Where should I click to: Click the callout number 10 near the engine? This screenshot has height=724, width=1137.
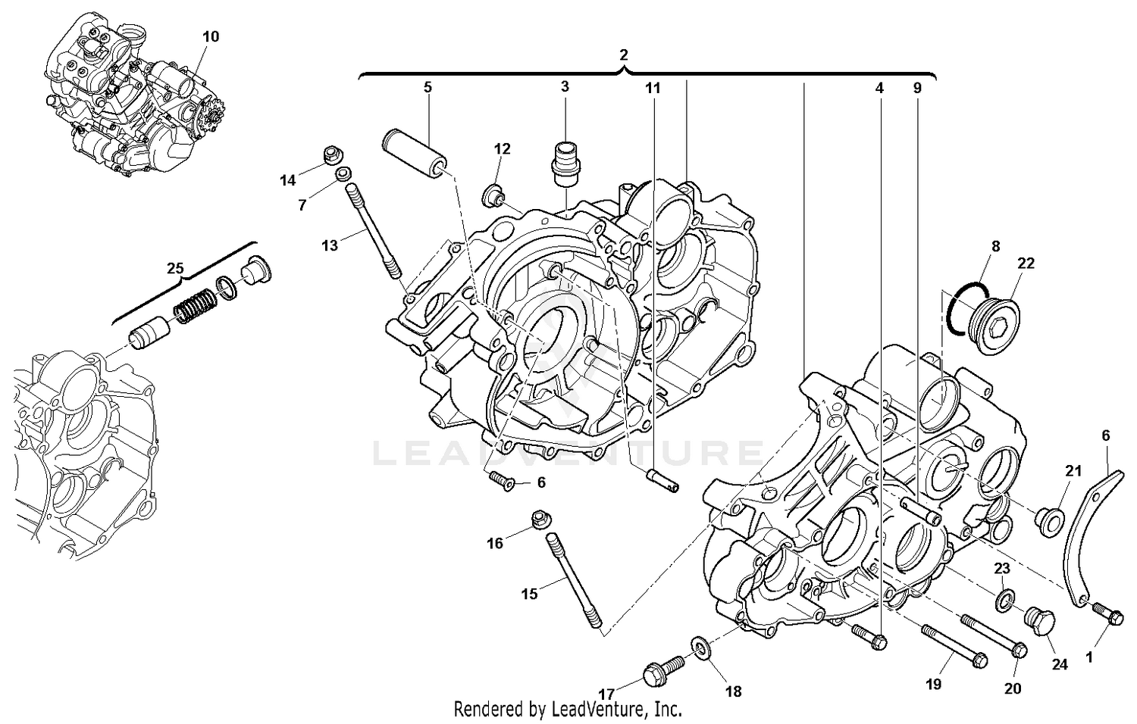coord(211,36)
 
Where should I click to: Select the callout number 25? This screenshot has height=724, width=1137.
coord(175,268)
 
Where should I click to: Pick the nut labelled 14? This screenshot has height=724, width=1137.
coord(330,156)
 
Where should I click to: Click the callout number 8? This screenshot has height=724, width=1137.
coord(995,246)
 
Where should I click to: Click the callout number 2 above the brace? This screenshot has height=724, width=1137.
coord(623,55)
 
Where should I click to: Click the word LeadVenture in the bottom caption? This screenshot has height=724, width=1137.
coord(600,710)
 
